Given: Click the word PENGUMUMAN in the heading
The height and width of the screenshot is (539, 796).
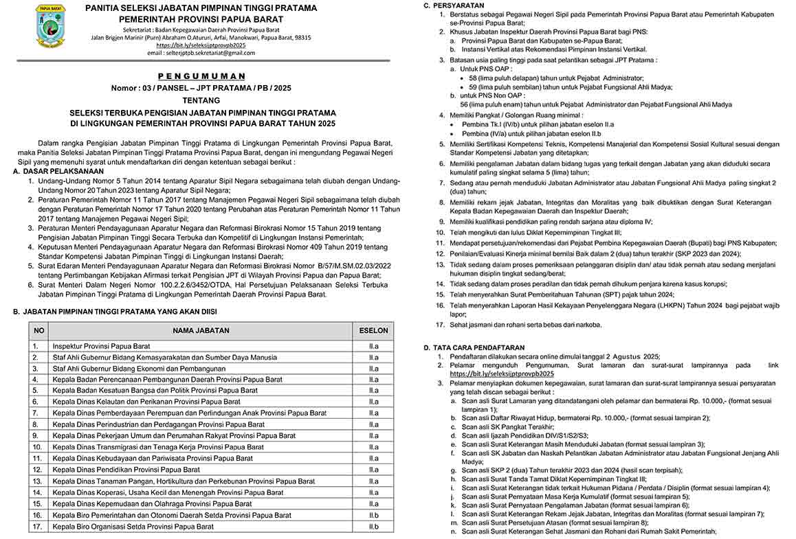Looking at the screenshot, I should (201, 76).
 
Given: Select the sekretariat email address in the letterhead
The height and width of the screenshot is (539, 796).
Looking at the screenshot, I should (201, 53).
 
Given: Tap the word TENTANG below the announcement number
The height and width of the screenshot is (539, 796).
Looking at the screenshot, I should (201, 100).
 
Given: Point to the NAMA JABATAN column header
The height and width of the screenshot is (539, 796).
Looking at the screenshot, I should (201, 330).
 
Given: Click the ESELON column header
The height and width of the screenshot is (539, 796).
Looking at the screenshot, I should (373, 330).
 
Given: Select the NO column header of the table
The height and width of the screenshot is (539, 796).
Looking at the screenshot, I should (39, 330).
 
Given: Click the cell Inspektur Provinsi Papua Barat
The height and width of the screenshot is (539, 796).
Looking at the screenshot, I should (101, 346).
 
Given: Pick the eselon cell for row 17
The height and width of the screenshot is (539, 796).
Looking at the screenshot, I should (373, 527).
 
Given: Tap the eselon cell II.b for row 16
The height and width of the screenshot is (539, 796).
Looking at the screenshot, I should (373, 515).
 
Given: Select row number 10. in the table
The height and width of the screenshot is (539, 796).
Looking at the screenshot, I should (37, 447).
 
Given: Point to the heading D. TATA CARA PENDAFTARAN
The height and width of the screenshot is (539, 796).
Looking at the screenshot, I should (474, 347).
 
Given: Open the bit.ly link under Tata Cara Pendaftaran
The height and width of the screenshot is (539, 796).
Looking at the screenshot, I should (502, 374).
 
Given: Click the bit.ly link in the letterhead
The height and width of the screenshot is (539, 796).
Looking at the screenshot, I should (201, 45).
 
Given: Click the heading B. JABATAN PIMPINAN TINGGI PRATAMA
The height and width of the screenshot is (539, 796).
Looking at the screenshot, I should (120, 312).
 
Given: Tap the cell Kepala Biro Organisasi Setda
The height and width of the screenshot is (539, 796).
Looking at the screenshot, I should (133, 527).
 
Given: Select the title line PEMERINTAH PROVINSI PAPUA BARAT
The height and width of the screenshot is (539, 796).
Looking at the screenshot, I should (201, 20).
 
